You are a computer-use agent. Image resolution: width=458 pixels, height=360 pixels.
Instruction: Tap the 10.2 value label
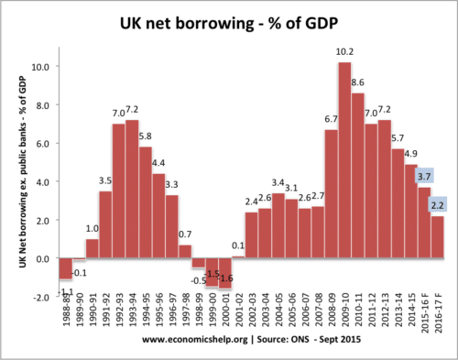tap(344, 51)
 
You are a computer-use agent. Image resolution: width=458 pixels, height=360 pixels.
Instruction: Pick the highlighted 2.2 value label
tap(439, 205)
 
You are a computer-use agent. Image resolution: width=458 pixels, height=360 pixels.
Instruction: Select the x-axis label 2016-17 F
tap(440, 316)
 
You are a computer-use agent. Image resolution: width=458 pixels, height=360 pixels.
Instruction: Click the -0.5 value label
tap(199, 279)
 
